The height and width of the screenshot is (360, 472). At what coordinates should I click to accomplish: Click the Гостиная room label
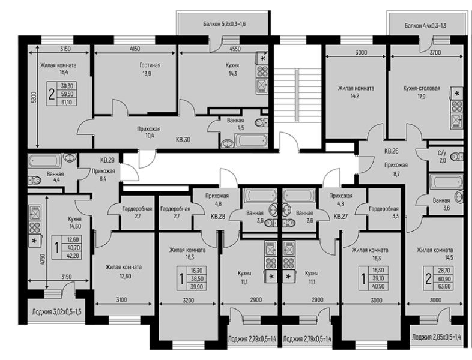click(150, 65)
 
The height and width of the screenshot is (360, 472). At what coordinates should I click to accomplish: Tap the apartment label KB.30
click(183, 140)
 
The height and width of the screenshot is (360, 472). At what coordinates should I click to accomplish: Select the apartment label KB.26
click(392, 151)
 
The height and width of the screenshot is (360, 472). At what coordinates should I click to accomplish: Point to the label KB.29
click(107, 160)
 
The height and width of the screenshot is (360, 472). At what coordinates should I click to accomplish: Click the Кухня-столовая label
click(422, 88)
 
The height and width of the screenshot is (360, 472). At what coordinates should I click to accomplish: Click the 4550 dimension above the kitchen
click(235, 49)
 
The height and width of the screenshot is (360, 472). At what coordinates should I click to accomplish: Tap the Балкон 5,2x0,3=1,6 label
click(224, 24)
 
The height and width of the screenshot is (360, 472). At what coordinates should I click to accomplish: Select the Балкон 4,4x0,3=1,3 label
click(425, 26)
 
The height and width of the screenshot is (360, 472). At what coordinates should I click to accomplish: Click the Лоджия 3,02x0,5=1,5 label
click(56, 312)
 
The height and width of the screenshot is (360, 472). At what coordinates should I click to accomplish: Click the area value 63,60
click(445, 286)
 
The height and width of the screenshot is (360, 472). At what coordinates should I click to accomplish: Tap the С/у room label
click(442, 154)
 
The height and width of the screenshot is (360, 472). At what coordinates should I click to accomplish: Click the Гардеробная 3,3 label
click(384, 212)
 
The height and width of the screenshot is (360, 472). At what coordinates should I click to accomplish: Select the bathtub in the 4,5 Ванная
click(250, 140)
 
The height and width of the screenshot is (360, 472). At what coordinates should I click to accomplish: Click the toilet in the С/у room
click(456, 157)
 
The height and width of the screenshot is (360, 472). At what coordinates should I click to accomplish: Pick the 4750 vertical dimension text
click(43, 260)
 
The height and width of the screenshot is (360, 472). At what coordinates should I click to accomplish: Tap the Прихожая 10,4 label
click(149, 132)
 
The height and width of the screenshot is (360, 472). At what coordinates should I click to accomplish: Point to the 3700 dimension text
click(435, 52)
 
